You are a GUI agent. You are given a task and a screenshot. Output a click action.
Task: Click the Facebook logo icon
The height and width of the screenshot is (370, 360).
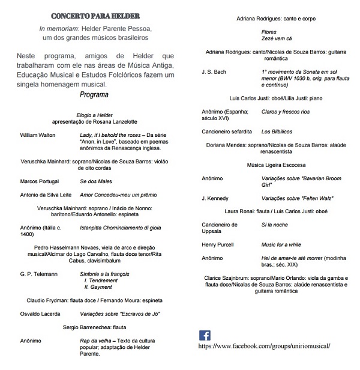tap(205, 336)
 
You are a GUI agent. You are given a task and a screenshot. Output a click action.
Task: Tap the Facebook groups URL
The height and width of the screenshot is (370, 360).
tap(264, 347)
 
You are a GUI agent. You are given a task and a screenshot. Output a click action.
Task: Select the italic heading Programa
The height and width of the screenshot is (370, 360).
tap(94, 95)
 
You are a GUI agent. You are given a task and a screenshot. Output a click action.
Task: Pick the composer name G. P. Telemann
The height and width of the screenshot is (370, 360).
tap(39, 274)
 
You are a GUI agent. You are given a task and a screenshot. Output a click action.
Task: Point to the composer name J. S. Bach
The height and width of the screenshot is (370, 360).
tap(214, 71)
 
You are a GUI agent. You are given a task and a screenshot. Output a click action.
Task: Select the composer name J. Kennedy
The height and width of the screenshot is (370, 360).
tap(216, 198)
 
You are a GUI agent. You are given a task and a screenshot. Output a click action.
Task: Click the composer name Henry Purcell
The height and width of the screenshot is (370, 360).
tap(218, 245)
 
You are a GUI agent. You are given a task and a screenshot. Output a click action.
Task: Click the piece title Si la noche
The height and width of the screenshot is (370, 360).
tap(274, 224)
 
